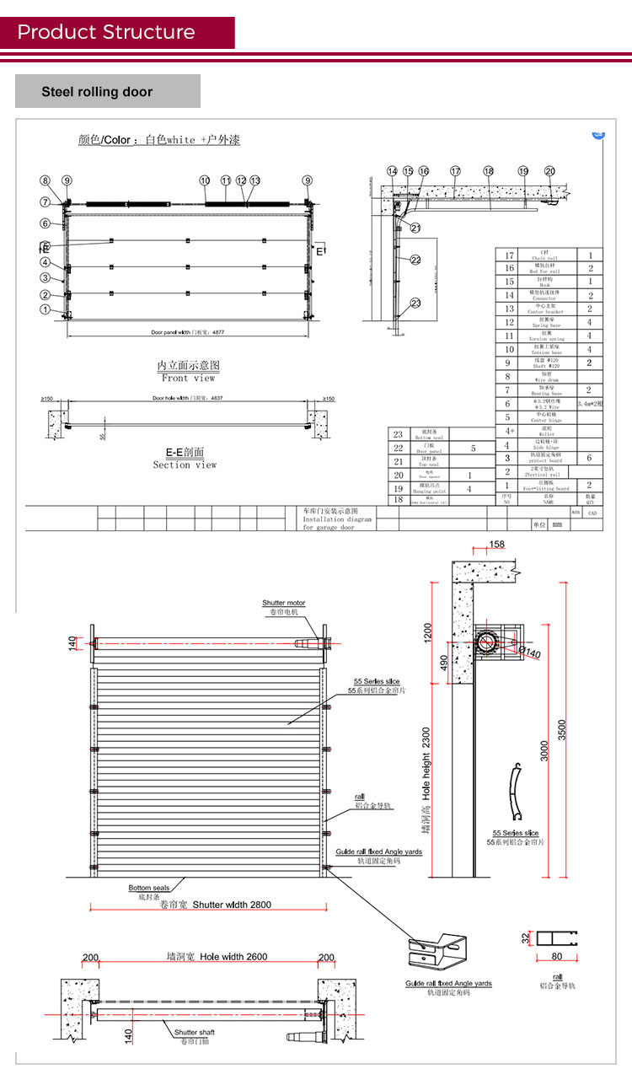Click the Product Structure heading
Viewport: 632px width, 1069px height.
[106, 33]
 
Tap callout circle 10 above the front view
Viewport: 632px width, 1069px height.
[205, 180]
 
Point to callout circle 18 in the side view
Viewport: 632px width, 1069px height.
[488, 171]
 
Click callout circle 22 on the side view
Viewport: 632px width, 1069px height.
[415, 260]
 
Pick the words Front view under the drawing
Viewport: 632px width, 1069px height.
[188, 379]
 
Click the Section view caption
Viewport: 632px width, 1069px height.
[185, 465]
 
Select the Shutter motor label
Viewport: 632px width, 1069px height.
[283, 603]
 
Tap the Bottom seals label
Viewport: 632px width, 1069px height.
[148, 888]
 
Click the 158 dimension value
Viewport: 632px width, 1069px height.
[497, 545]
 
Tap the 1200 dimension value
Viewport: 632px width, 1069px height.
[427, 631]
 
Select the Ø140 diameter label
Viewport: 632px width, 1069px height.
[529, 651]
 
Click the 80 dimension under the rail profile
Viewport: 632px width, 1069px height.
[556, 956]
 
